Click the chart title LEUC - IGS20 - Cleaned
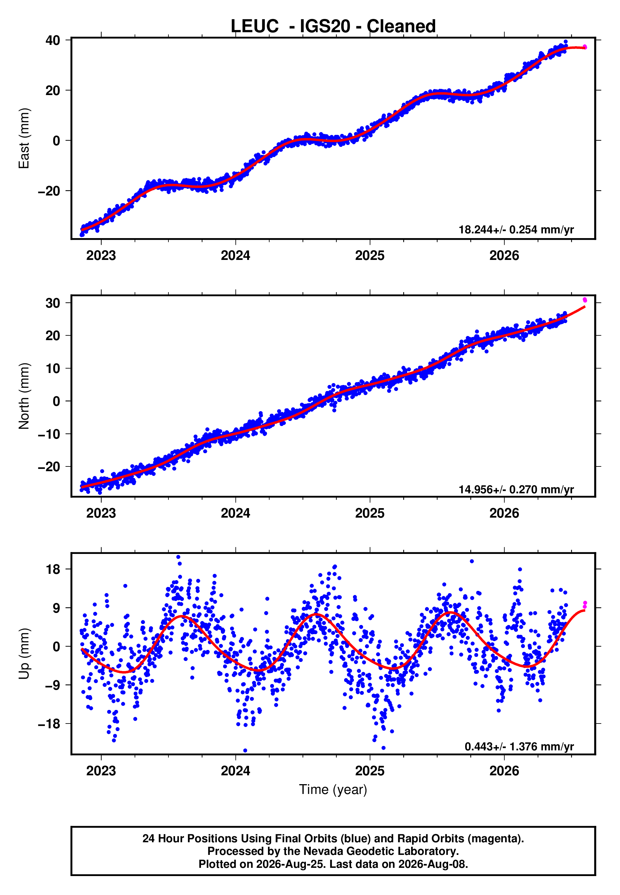tap(333, 27)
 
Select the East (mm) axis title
tap(24, 138)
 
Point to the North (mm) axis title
tap(24, 396)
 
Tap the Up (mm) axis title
tap(24, 654)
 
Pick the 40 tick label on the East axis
tap(52, 40)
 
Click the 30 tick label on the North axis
tap(52, 303)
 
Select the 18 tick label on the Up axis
tap(53, 569)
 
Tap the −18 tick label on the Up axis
tap(49, 724)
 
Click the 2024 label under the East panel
tap(235, 255)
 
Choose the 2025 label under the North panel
tap(370, 513)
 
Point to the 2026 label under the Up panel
tap(504, 771)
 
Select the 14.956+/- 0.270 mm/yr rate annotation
tap(516, 490)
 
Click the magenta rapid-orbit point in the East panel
tap(585, 47)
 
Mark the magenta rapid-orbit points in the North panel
tap(585, 300)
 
